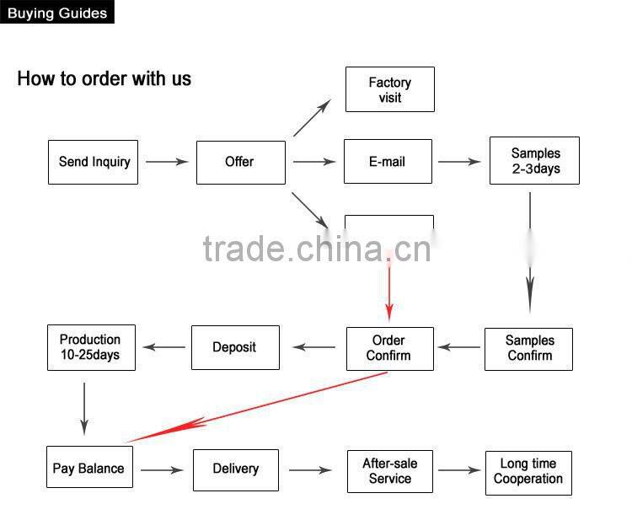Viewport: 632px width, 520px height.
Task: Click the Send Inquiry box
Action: tap(93, 161)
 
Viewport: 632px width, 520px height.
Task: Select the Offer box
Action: tap(240, 161)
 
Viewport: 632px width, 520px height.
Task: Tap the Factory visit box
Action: tap(389, 89)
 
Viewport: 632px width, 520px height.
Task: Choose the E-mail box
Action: tap(388, 161)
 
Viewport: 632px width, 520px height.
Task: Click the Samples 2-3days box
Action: tap(534, 160)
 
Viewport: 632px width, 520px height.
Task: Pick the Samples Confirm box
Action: tap(528, 348)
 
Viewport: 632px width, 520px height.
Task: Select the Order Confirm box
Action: tap(389, 348)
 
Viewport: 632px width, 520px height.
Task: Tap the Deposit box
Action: tap(234, 347)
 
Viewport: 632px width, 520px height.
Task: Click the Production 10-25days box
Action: tap(90, 347)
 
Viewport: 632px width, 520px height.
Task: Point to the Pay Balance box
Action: tap(88, 469)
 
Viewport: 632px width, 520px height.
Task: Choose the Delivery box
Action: tap(235, 469)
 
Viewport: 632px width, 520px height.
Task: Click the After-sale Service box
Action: tap(389, 470)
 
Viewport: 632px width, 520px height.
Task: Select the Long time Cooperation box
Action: tap(528, 471)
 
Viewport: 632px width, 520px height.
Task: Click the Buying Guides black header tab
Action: tap(57, 13)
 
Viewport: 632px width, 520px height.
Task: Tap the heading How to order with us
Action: tap(104, 79)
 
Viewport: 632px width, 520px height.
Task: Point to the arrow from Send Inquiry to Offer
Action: tap(166, 161)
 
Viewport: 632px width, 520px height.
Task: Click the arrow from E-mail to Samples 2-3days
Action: tap(459, 161)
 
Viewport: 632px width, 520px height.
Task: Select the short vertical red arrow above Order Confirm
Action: tap(389, 291)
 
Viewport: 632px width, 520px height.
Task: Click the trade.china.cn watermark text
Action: tap(317, 249)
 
